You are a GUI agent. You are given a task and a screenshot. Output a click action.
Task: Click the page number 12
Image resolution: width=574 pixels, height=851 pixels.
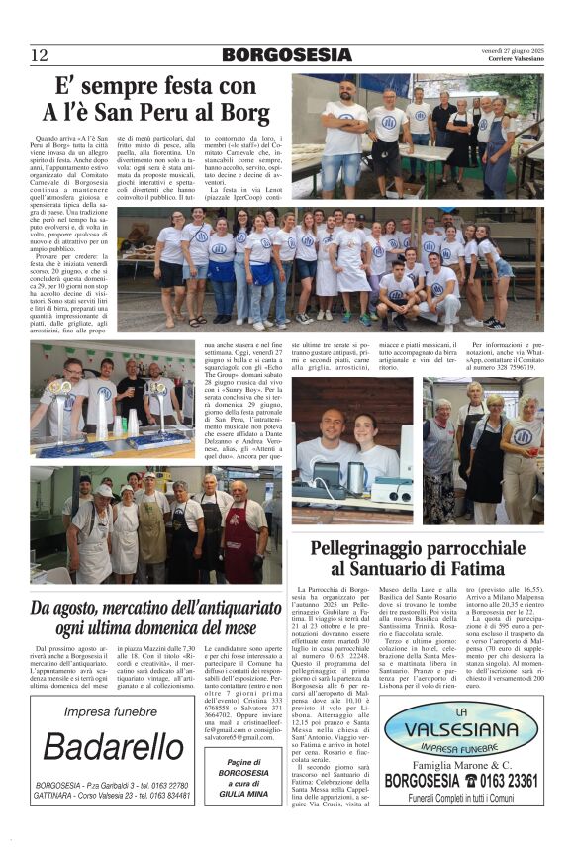[39, 54]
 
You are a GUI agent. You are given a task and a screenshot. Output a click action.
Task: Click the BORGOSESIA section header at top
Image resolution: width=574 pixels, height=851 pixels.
[287, 54]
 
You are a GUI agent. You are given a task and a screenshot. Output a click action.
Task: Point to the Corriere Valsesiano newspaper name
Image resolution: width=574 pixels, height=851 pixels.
[516, 59]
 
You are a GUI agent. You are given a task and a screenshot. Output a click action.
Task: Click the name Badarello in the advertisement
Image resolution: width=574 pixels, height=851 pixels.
[109, 747]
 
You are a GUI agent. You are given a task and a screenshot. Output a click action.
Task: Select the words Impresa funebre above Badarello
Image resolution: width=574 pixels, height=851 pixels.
[109, 712]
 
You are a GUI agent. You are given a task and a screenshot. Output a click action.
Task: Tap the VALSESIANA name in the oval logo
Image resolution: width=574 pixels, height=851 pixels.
[461, 733]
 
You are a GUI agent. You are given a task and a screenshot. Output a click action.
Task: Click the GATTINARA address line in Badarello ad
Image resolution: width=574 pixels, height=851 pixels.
[109, 796]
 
